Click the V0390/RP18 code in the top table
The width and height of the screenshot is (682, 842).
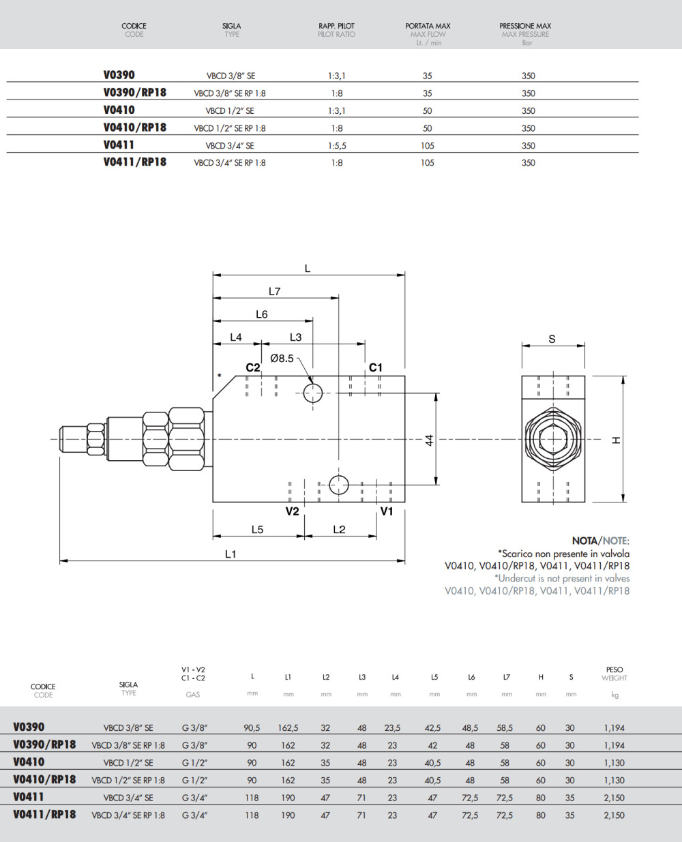pyautogui.click(x=135, y=93)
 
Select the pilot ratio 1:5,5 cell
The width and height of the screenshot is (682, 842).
pyautogui.click(x=337, y=145)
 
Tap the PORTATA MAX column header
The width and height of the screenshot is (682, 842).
pyautogui.click(x=428, y=27)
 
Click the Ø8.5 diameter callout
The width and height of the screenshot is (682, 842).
pyautogui.click(x=282, y=358)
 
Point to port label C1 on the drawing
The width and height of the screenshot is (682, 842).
pyautogui.click(x=376, y=367)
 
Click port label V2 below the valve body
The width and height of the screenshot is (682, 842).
pyautogui.click(x=292, y=511)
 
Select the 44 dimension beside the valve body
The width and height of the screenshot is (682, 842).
pyautogui.click(x=430, y=440)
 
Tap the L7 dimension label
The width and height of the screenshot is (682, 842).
pyautogui.click(x=274, y=291)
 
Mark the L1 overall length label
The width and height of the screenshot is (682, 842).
pyautogui.click(x=231, y=554)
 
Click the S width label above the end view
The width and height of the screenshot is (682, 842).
pyautogui.click(x=552, y=339)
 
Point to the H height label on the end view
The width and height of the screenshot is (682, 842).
pyautogui.click(x=617, y=440)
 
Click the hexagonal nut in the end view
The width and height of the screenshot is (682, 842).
pyautogui.click(x=552, y=439)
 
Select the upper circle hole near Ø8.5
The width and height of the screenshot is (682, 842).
pyautogui.click(x=313, y=393)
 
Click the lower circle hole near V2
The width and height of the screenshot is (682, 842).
pyautogui.click(x=338, y=485)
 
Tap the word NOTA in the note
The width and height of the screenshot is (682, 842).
pyautogui.click(x=584, y=541)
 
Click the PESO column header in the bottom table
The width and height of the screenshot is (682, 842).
pyautogui.click(x=614, y=670)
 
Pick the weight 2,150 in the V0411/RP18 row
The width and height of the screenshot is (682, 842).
pyautogui.click(x=614, y=815)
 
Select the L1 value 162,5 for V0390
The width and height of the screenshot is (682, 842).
pyautogui.click(x=288, y=728)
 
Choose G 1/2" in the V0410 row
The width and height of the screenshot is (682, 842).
pyautogui.click(x=194, y=763)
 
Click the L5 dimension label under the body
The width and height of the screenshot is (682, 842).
pyautogui.click(x=257, y=530)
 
